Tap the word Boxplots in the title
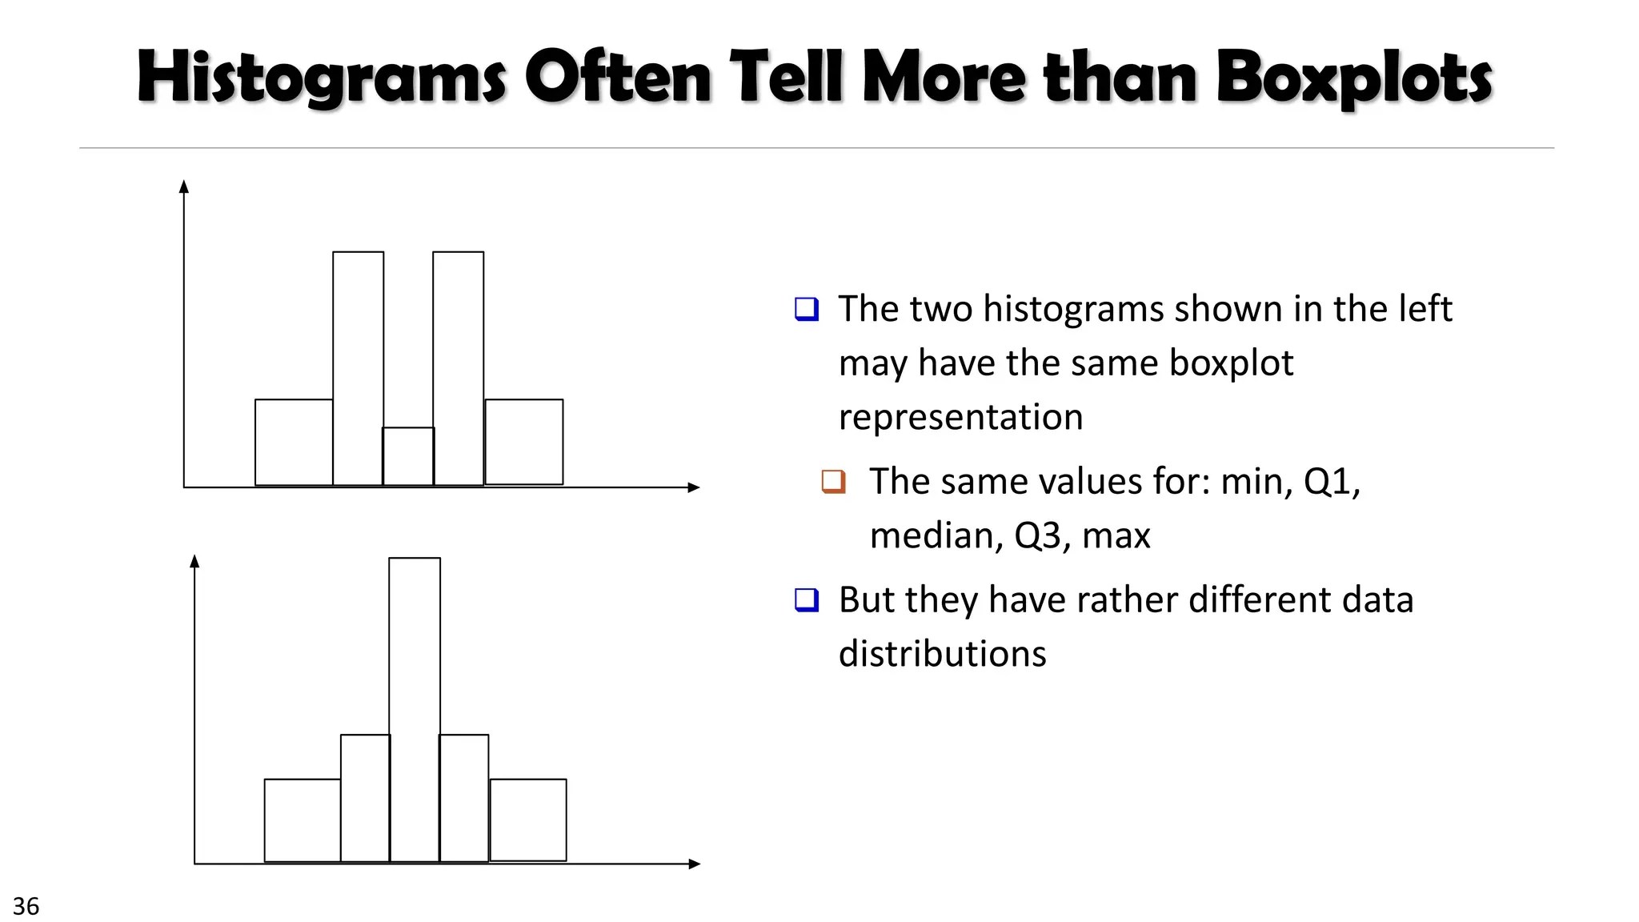(x=1354, y=78)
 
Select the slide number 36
(x=26, y=906)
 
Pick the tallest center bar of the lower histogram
(x=415, y=710)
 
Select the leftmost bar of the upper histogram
(x=294, y=442)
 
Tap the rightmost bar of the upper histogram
(x=524, y=442)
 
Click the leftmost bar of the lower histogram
(x=303, y=820)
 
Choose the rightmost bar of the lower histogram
(x=528, y=820)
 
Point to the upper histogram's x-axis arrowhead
(x=694, y=487)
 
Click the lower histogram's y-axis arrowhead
(x=194, y=561)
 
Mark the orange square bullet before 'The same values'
(x=833, y=481)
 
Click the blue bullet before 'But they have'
(x=807, y=599)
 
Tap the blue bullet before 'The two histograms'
(x=807, y=309)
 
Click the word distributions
(x=942, y=654)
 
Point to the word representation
(x=960, y=417)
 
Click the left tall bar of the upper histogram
(x=358, y=368)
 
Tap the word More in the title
(x=944, y=78)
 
